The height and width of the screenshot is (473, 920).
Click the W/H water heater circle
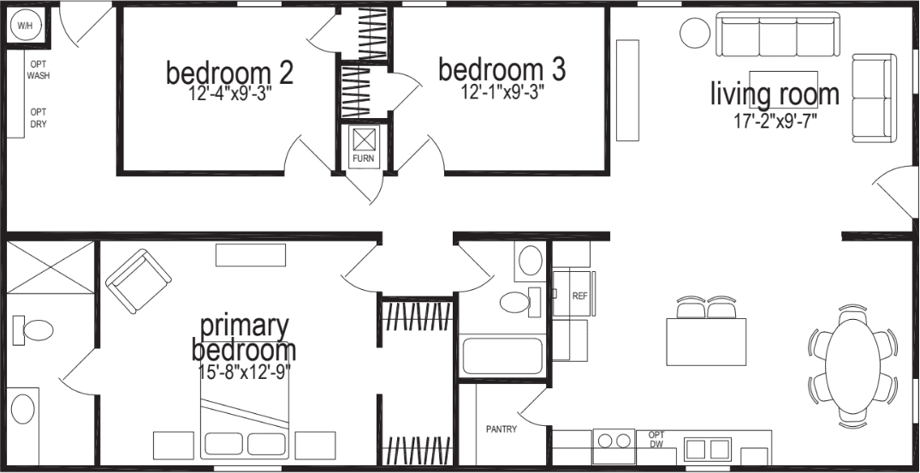click(24, 26)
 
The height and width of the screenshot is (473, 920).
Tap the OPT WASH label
click(38, 70)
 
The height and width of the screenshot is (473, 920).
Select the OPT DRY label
click(38, 118)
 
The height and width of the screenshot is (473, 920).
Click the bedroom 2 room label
click(229, 73)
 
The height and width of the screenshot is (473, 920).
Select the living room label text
click(775, 94)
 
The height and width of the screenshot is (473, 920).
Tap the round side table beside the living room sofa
click(695, 33)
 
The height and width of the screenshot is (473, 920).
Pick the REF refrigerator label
click(579, 295)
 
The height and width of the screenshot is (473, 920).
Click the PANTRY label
click(501, 429)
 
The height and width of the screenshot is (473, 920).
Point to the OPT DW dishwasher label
click(656, 439)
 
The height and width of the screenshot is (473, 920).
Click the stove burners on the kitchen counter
click(614, 442)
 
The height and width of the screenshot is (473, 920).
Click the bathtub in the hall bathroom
click(502, 356)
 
